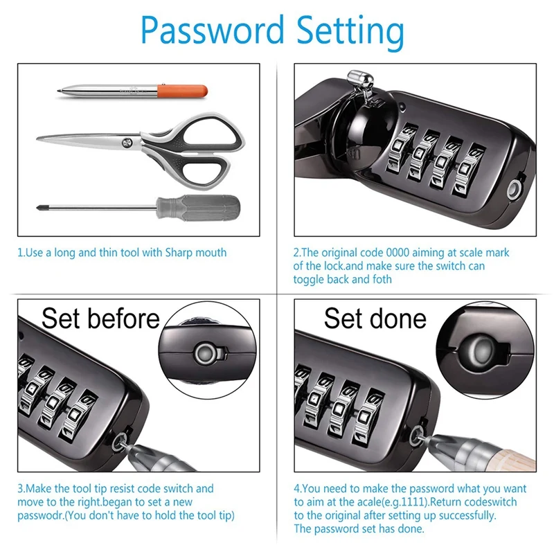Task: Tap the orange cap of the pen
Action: pyautogui.click(x=181, y=91)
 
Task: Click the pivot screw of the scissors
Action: pyautogui.click(x=127, y=143)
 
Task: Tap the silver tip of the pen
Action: pyautogui.click(x=61, y=90)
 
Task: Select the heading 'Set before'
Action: pyautogui.click(x=100, y=319)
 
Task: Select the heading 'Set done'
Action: pyautogui.click(x=375, y=319)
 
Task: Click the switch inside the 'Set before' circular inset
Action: pyautogui.click(x=205, y=353)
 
